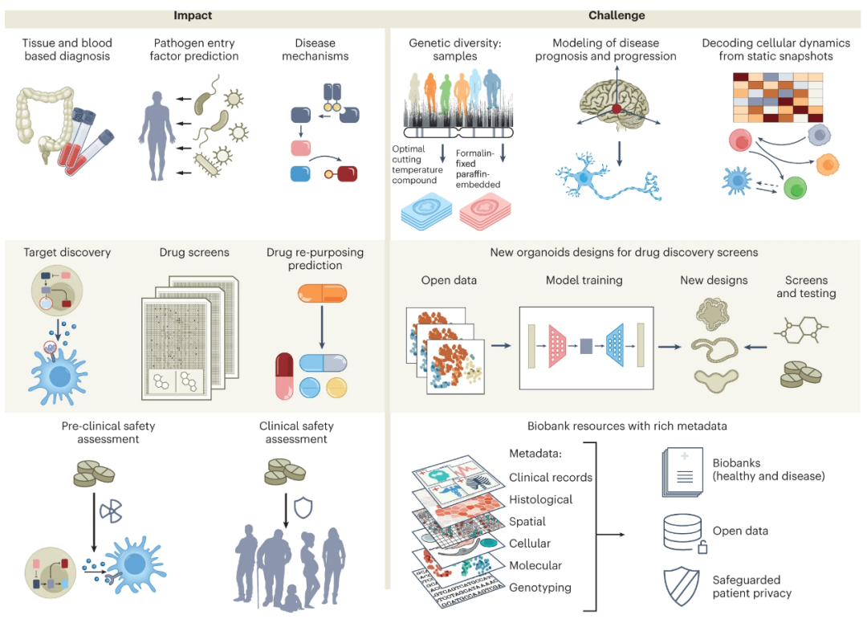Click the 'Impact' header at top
pyautogui.click(x=193, y=15)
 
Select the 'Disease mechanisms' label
pyautogui.click(x=315, y=50)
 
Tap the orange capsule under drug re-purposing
pyautogui.click(x=321, y=295)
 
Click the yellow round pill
pyautogui.click(x=337, y=387)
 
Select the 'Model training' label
pyautogui.click(x=584, y=280)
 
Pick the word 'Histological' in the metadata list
pyautogui.click(x=541, y=499)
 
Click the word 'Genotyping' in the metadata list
pyautogui.click(x=540, y=588)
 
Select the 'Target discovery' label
pyautogui.click(x=67, y=252)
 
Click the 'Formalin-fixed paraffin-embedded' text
pyautogui.click(x=478, y=167)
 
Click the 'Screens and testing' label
pyautogui.click(x=806, y=287)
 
